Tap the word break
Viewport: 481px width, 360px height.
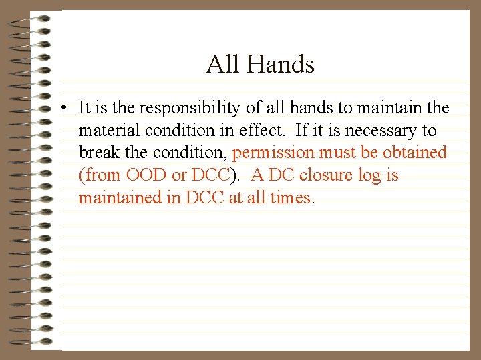(x=100, y=153)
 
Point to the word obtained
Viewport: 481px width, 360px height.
(x=414, y=153)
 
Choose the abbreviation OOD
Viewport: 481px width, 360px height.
(x=142, y=175)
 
